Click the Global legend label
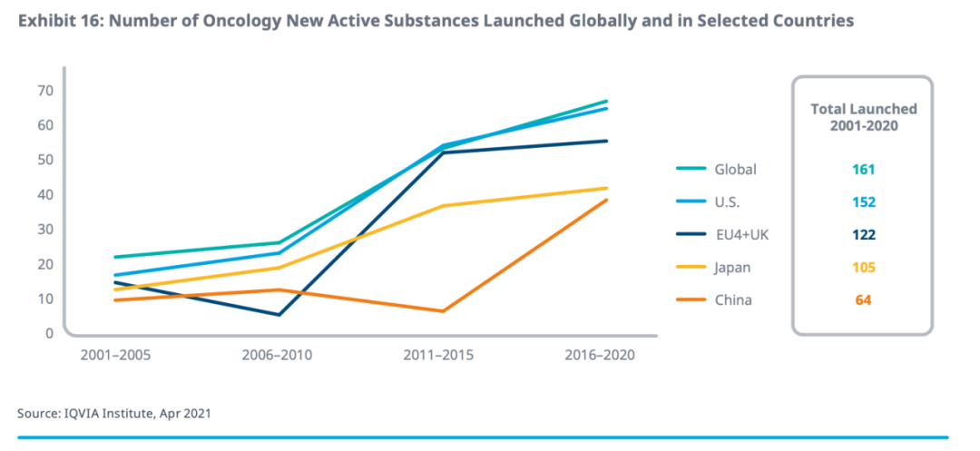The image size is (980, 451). pos(735,169)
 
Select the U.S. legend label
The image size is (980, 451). pos(729,201)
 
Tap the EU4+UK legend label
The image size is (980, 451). pos(740,234)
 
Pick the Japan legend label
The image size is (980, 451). pos(733,267)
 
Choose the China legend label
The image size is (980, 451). pos(733,299)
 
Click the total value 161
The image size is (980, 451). pos(863,169)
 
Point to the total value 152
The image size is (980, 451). pos(863,201)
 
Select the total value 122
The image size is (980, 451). pos(863,234)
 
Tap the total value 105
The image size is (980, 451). pos(863,267)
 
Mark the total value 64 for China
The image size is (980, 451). pos(863,299)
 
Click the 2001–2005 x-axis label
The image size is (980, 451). pos(115,355)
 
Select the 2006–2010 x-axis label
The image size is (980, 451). pos(277,355)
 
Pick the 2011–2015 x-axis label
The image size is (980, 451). pos(438,355)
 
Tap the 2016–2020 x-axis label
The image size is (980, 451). pos(600,355)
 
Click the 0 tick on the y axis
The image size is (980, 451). pos(49,333)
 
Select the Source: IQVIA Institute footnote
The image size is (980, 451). pos(114,414)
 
